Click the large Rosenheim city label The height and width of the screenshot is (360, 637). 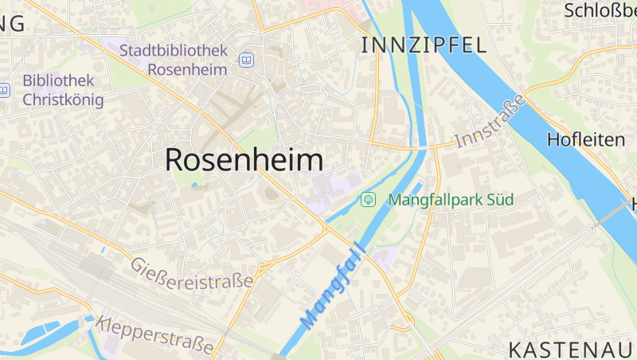click(x=244, y=160)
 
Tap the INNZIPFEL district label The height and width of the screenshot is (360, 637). click(x=423, y=45)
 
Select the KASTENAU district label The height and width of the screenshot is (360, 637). click(x=572, y=349)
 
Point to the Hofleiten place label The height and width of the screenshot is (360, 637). click(x=586, y=140)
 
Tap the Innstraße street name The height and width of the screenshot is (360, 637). click(x=490, y=122)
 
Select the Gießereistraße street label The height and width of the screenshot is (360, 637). click(x=192, y=273)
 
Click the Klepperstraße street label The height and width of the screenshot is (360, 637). click(x=155, y=335)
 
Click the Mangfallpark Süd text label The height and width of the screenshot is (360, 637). click(x=451, y=199)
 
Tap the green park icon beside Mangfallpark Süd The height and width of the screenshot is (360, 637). click(x=368, y=199)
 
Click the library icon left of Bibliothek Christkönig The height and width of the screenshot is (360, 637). click(x=4, y=90)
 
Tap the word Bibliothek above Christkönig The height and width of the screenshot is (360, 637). click(x=59, y=81)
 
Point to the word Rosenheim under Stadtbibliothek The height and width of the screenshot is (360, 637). click(x=188, y=68)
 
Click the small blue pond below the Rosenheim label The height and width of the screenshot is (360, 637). click(x=194, y=186)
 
